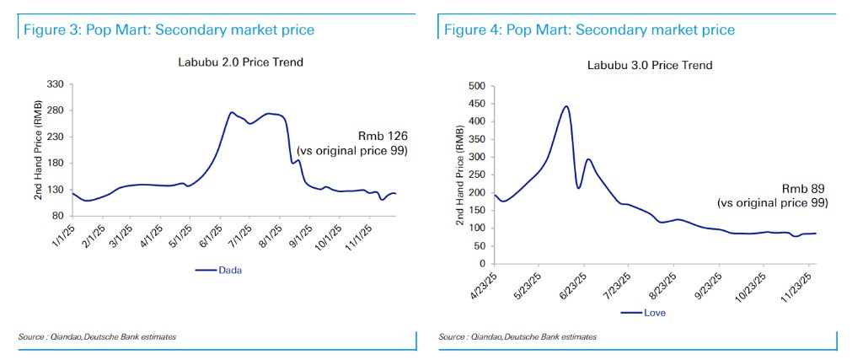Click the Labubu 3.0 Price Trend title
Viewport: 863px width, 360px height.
650,65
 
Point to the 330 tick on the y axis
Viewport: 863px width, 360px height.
56,84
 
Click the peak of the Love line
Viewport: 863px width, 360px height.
566,106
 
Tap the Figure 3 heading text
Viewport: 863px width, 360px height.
169,30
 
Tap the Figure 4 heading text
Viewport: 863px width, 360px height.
589,30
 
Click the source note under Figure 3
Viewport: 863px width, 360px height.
97,337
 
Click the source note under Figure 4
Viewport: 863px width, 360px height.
517,337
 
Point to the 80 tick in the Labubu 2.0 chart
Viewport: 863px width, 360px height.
59,216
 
